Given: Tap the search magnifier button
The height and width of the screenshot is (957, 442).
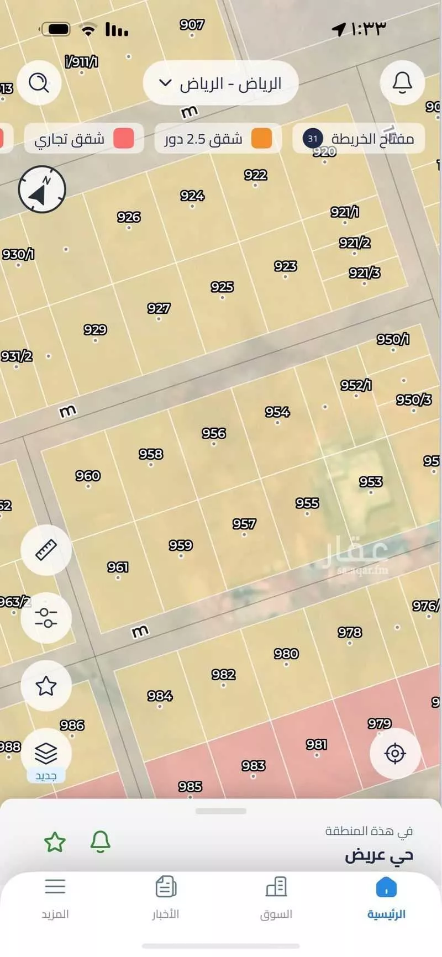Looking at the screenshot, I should coord(39,83).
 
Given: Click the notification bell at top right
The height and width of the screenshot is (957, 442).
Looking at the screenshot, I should coord(402,83).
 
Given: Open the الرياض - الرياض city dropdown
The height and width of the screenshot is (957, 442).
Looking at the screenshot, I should coord(221,83).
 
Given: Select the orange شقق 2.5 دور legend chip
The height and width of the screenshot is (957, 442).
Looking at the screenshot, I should coord(218,138).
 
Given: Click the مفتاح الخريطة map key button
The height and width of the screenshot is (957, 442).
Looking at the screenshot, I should coord(359,138).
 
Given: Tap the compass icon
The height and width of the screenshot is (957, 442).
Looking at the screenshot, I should coord(42,189).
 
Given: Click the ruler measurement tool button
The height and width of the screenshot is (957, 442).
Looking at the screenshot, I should coord(46,550).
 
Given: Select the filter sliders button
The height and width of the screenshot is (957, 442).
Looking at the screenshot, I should coord(46,618).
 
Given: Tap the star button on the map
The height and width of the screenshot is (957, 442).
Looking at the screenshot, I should coord(46,686).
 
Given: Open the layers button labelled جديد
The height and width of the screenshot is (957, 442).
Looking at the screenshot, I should coord(46,755).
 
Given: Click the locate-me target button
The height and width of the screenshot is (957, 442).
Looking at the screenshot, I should coord(395,753).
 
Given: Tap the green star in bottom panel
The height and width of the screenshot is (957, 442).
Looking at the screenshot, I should coord(55,842).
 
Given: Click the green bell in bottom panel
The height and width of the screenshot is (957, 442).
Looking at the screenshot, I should coord(100,842).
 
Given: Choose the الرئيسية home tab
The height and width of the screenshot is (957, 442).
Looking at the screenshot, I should coord(386,898).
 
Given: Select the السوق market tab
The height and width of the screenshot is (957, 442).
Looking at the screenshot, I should coord(276,898).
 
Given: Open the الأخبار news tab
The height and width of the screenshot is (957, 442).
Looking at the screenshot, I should coord(165,898).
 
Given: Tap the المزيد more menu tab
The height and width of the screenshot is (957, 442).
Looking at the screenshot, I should coord(55,898).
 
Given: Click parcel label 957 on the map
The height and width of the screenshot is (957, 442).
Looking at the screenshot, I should coord(244,524).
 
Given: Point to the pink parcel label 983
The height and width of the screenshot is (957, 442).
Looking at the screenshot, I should coord(254,766).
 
